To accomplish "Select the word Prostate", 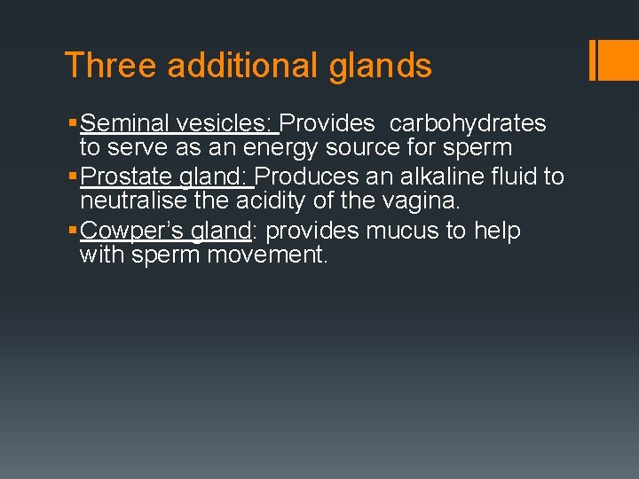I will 125,177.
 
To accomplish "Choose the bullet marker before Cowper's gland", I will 72,232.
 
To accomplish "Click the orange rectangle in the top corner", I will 618,60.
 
